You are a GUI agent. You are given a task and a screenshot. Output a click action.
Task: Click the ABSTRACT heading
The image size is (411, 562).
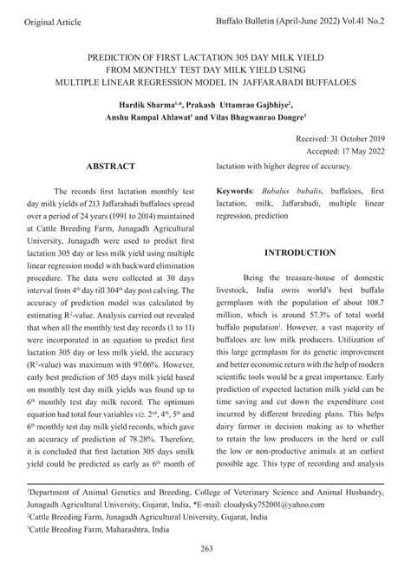110,166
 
